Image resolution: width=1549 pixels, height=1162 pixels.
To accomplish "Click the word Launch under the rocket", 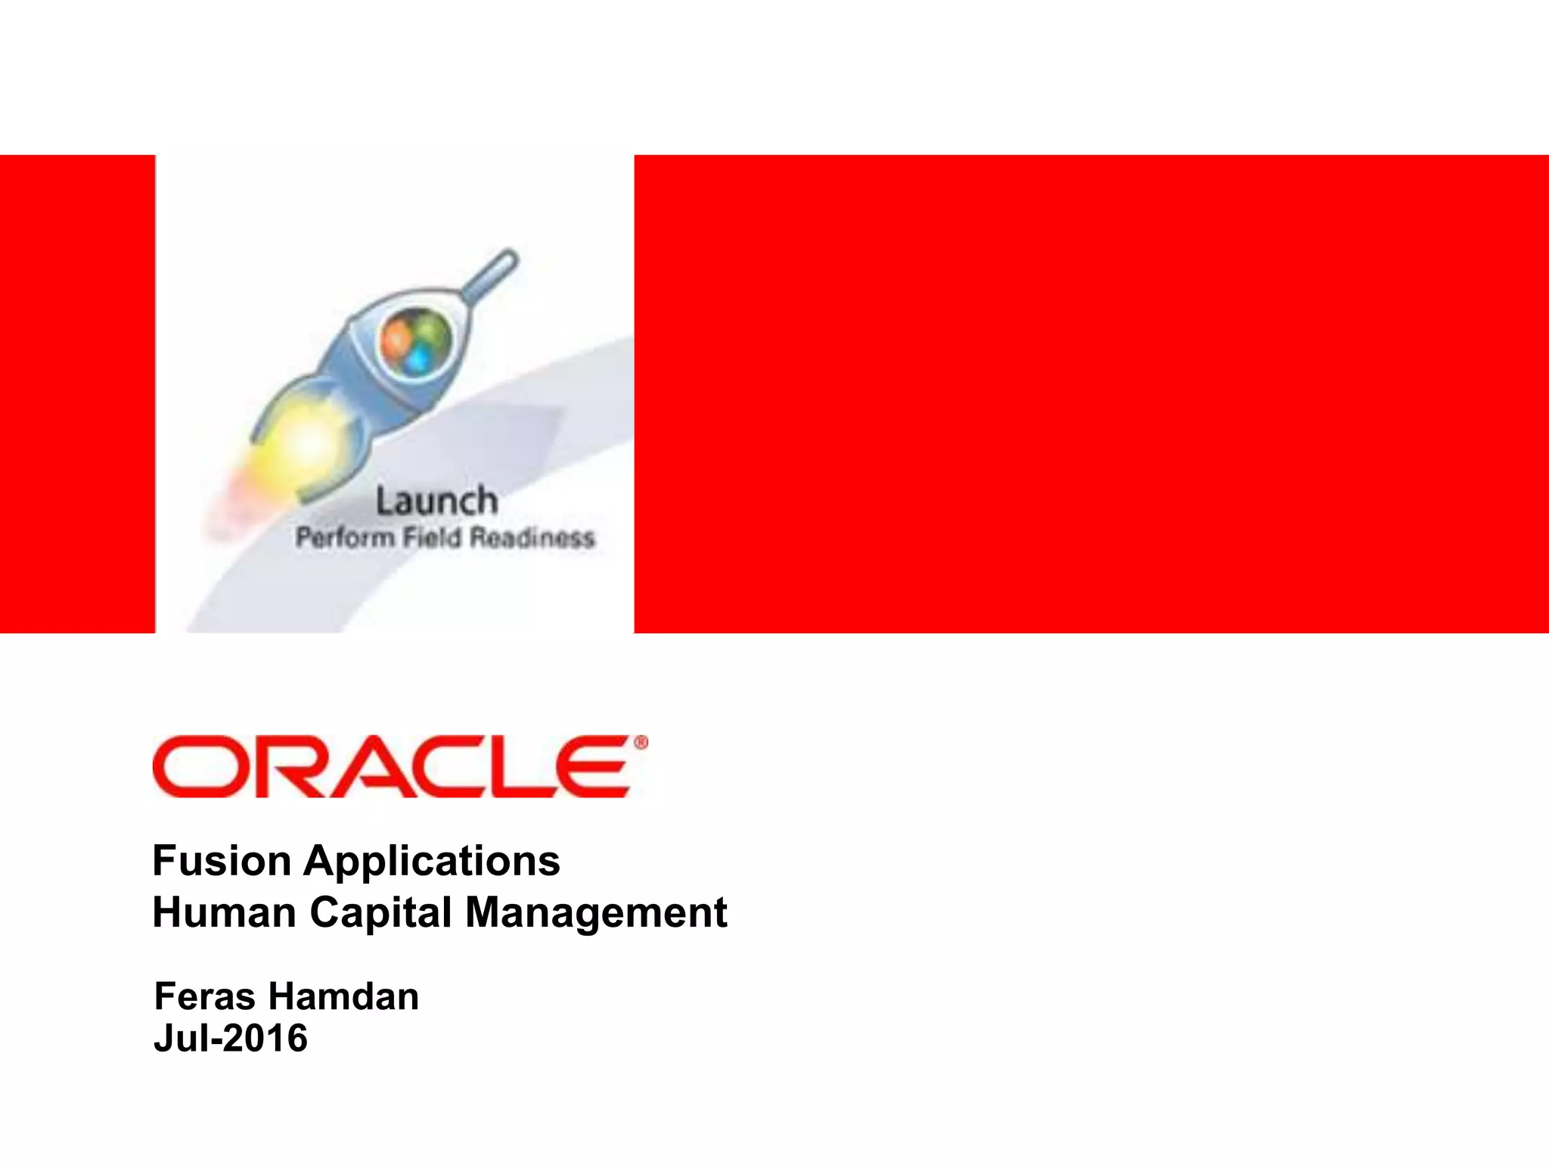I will coord(437,502).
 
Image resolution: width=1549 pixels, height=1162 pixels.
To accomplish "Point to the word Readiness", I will coord(532,538).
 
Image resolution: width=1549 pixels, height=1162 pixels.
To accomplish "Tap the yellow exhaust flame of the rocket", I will coord(303,443).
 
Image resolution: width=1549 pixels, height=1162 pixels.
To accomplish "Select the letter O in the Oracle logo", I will coord(195,766).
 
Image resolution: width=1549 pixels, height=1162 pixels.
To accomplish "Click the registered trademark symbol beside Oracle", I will coord(641,743).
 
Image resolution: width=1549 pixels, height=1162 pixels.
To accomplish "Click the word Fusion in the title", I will coord(222,861).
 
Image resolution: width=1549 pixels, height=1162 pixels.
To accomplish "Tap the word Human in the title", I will coord(225,912).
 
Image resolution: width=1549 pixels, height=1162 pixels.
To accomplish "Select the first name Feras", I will coord(204,996).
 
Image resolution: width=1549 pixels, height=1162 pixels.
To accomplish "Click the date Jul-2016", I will coord(231,1038).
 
